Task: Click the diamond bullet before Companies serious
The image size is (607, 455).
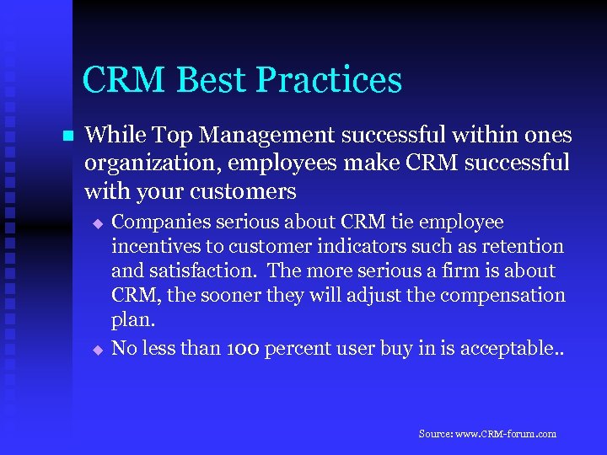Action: click(97, 224)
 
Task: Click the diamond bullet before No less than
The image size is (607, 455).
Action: click(97, 347)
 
